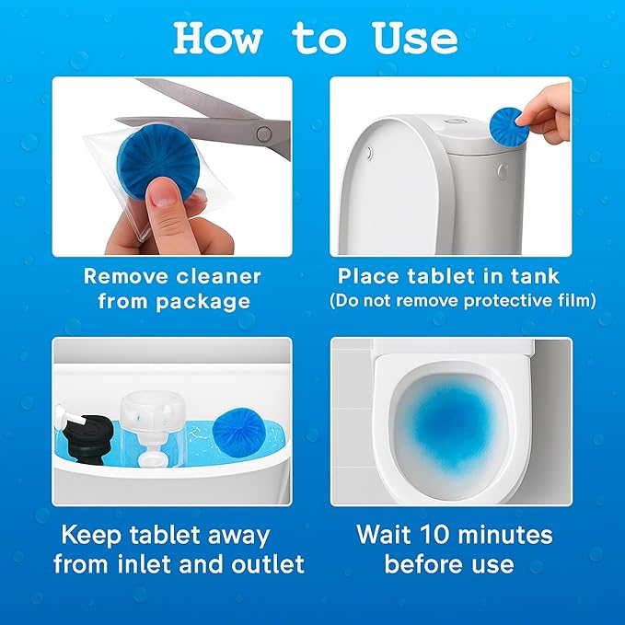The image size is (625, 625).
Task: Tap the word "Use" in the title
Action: click(415, 38)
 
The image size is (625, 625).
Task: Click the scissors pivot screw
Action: click(264, 133)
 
